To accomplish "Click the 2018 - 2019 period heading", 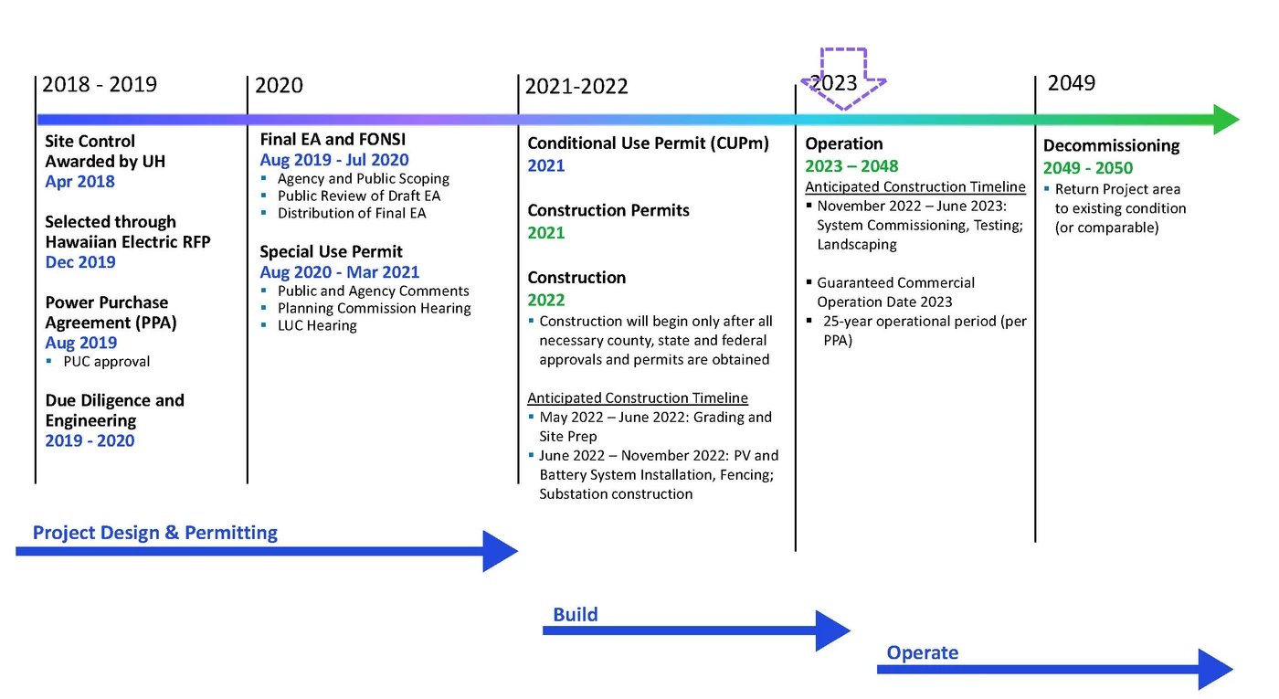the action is coord(100,84).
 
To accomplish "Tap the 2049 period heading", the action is coord(1071,83).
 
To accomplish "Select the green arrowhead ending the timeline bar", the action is coord(1226,120).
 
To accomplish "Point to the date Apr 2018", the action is coord(80,182).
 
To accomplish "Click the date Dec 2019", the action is coord(80,262).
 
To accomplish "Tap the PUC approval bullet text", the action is coord(107,362).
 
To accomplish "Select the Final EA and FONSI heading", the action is coord(333,139).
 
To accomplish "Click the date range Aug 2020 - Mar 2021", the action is coord(340,272).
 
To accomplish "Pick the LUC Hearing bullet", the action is coord(318,325).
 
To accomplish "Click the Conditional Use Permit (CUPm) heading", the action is coord(648,143).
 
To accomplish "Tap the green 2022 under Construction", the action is coord(546,300).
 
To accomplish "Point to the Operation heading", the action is coord(844,144).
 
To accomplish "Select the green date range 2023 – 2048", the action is coord(851,166).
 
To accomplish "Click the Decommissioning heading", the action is coord(1111,145).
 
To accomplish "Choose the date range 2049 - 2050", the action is coord(1088,168).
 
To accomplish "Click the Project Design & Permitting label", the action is coord(154,532).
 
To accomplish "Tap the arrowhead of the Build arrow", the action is coord(833,630).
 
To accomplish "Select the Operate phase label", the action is coord(922,652).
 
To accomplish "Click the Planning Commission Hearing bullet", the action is coord(375,309).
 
